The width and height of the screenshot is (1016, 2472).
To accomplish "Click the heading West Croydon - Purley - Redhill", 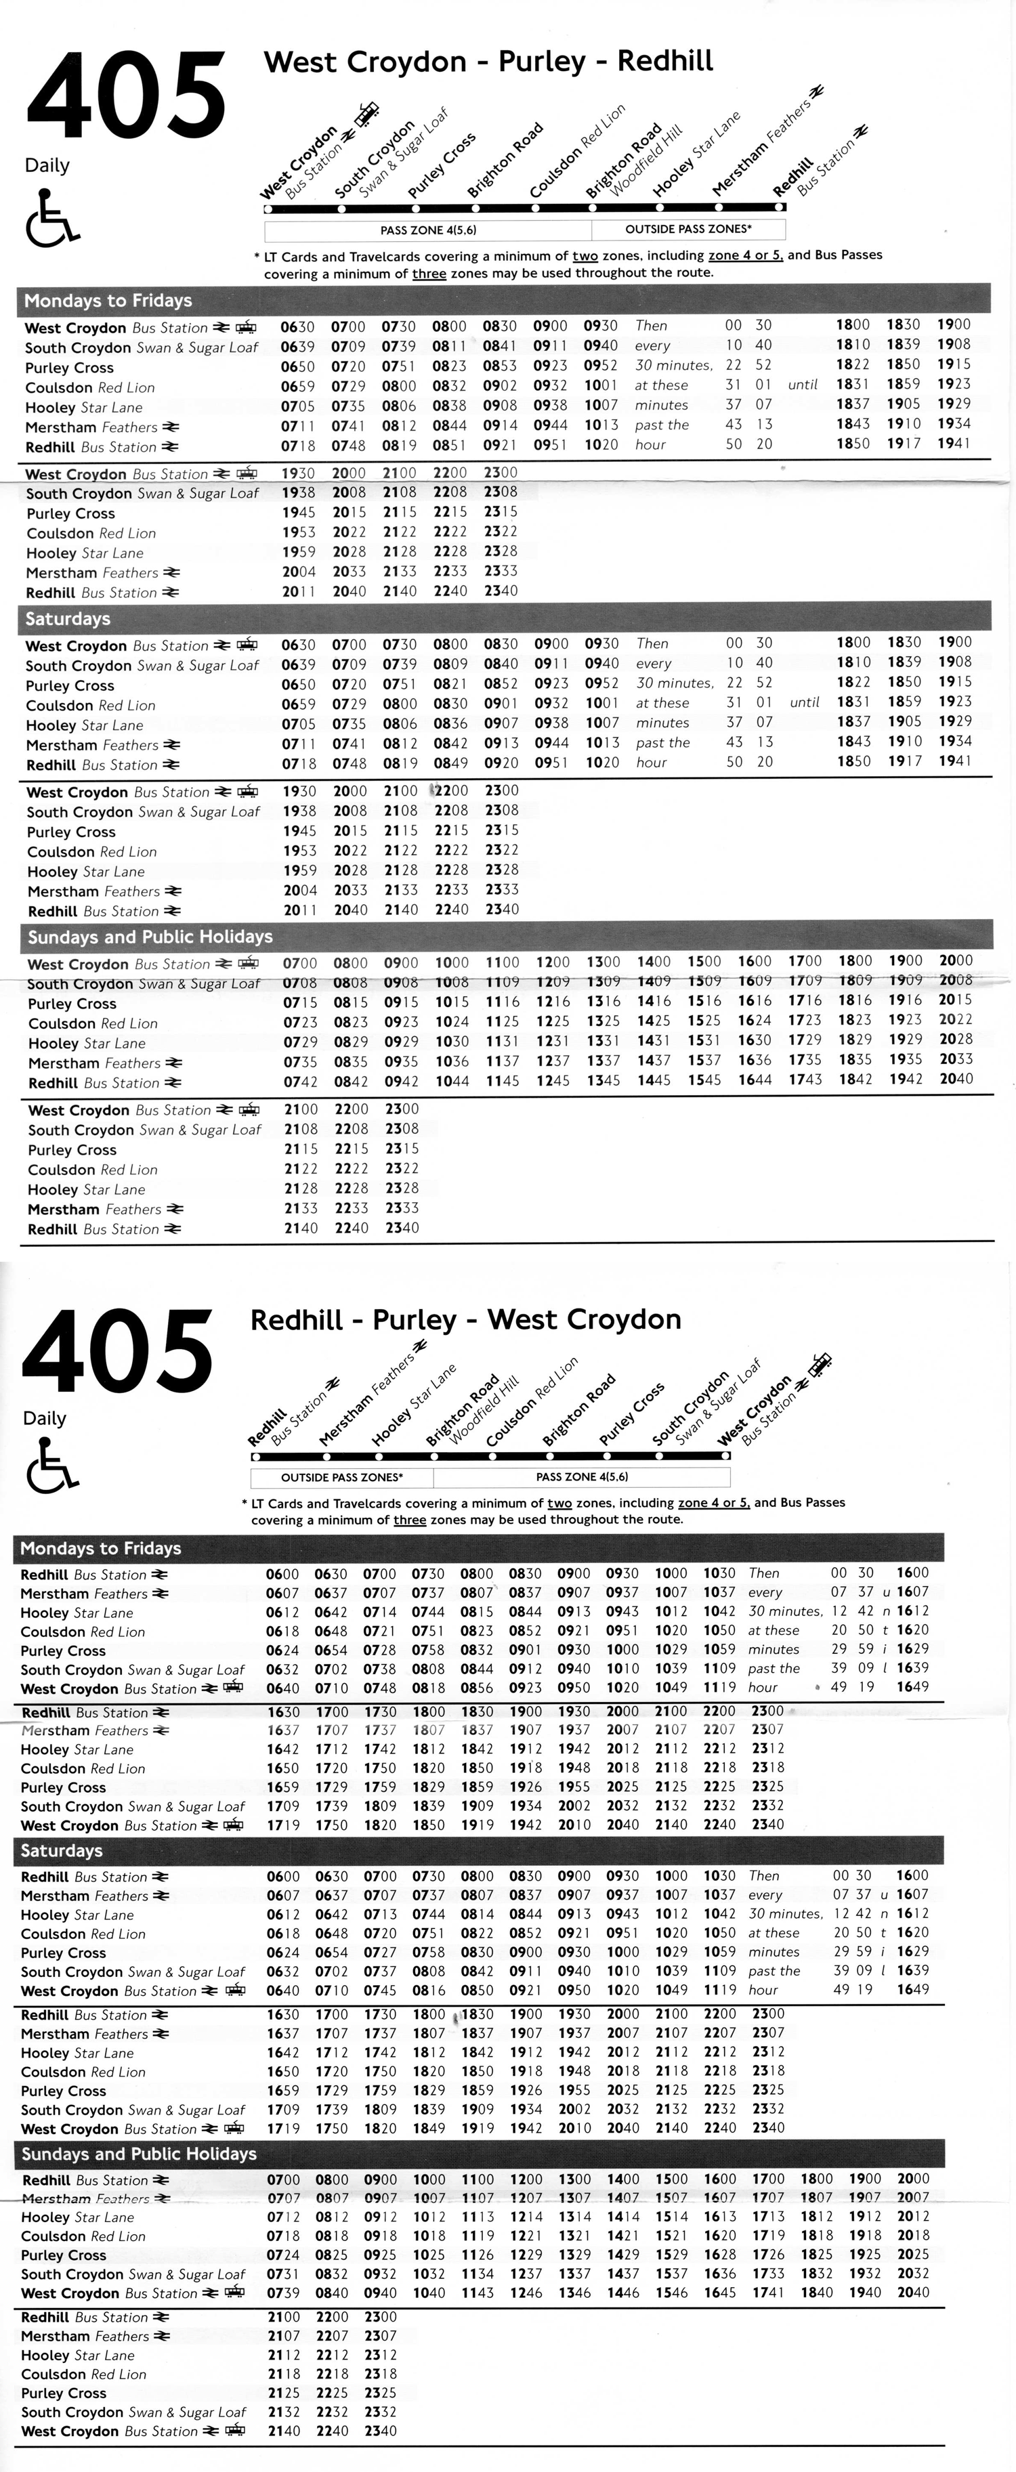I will click(x=488, y=62).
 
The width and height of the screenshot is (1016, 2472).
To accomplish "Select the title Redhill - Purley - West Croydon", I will click(x=465, y=1319).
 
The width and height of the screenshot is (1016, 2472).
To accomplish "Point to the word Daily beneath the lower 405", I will click(x=46, y=1418).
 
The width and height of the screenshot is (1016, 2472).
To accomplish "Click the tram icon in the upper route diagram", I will click(x=366, y=114).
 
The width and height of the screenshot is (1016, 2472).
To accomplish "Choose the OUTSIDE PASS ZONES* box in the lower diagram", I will click(x=341, y=1477).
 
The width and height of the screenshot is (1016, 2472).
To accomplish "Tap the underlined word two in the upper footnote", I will click(x=585, y=255).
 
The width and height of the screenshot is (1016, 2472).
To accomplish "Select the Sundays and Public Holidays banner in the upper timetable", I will click(x=150, y=937).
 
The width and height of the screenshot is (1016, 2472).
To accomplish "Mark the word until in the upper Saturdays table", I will click(x=804, y=702).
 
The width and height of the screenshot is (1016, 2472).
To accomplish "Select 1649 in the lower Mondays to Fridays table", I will click(x=912, y=1686).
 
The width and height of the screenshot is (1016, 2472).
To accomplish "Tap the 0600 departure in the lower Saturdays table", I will click(x=282, y=1876).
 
